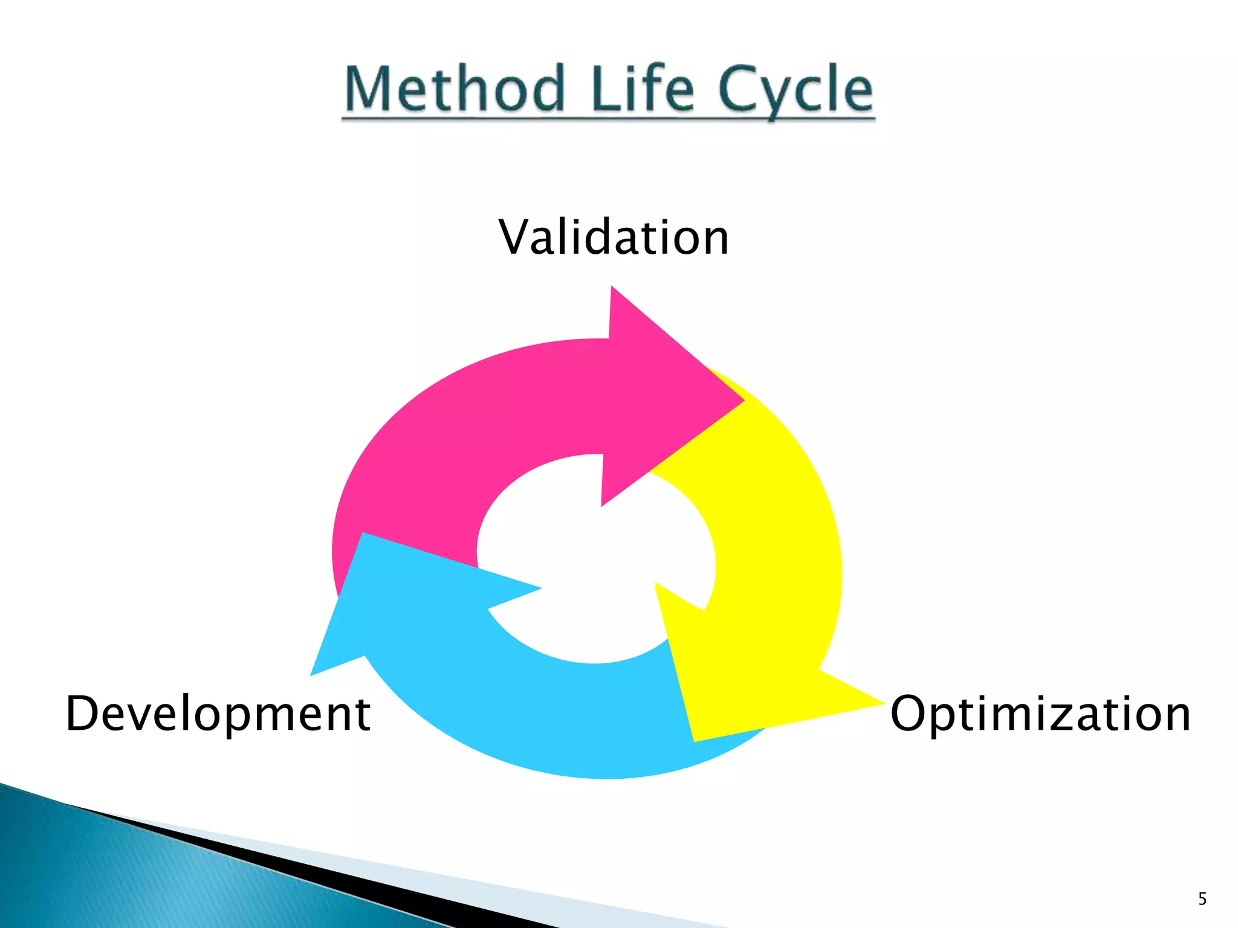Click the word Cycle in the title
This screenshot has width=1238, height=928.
pyautogui.click(x=796, y=91)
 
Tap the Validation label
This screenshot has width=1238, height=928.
pyautogui.click(x=614, y=237)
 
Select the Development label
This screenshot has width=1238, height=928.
pyautogui.click(x=218, y=714)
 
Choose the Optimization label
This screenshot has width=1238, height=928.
pyautogui.click(x=1040, y=714)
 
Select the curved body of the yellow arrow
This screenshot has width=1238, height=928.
pyautogui.click(x=780, y=544)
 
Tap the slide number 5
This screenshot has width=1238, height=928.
pyautogui.click(x=1202, y=899)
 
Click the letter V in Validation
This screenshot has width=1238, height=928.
pyautogui.click(x=516, y=237)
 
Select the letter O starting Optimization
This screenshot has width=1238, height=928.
pyautogui.click(x=910, y=714)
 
